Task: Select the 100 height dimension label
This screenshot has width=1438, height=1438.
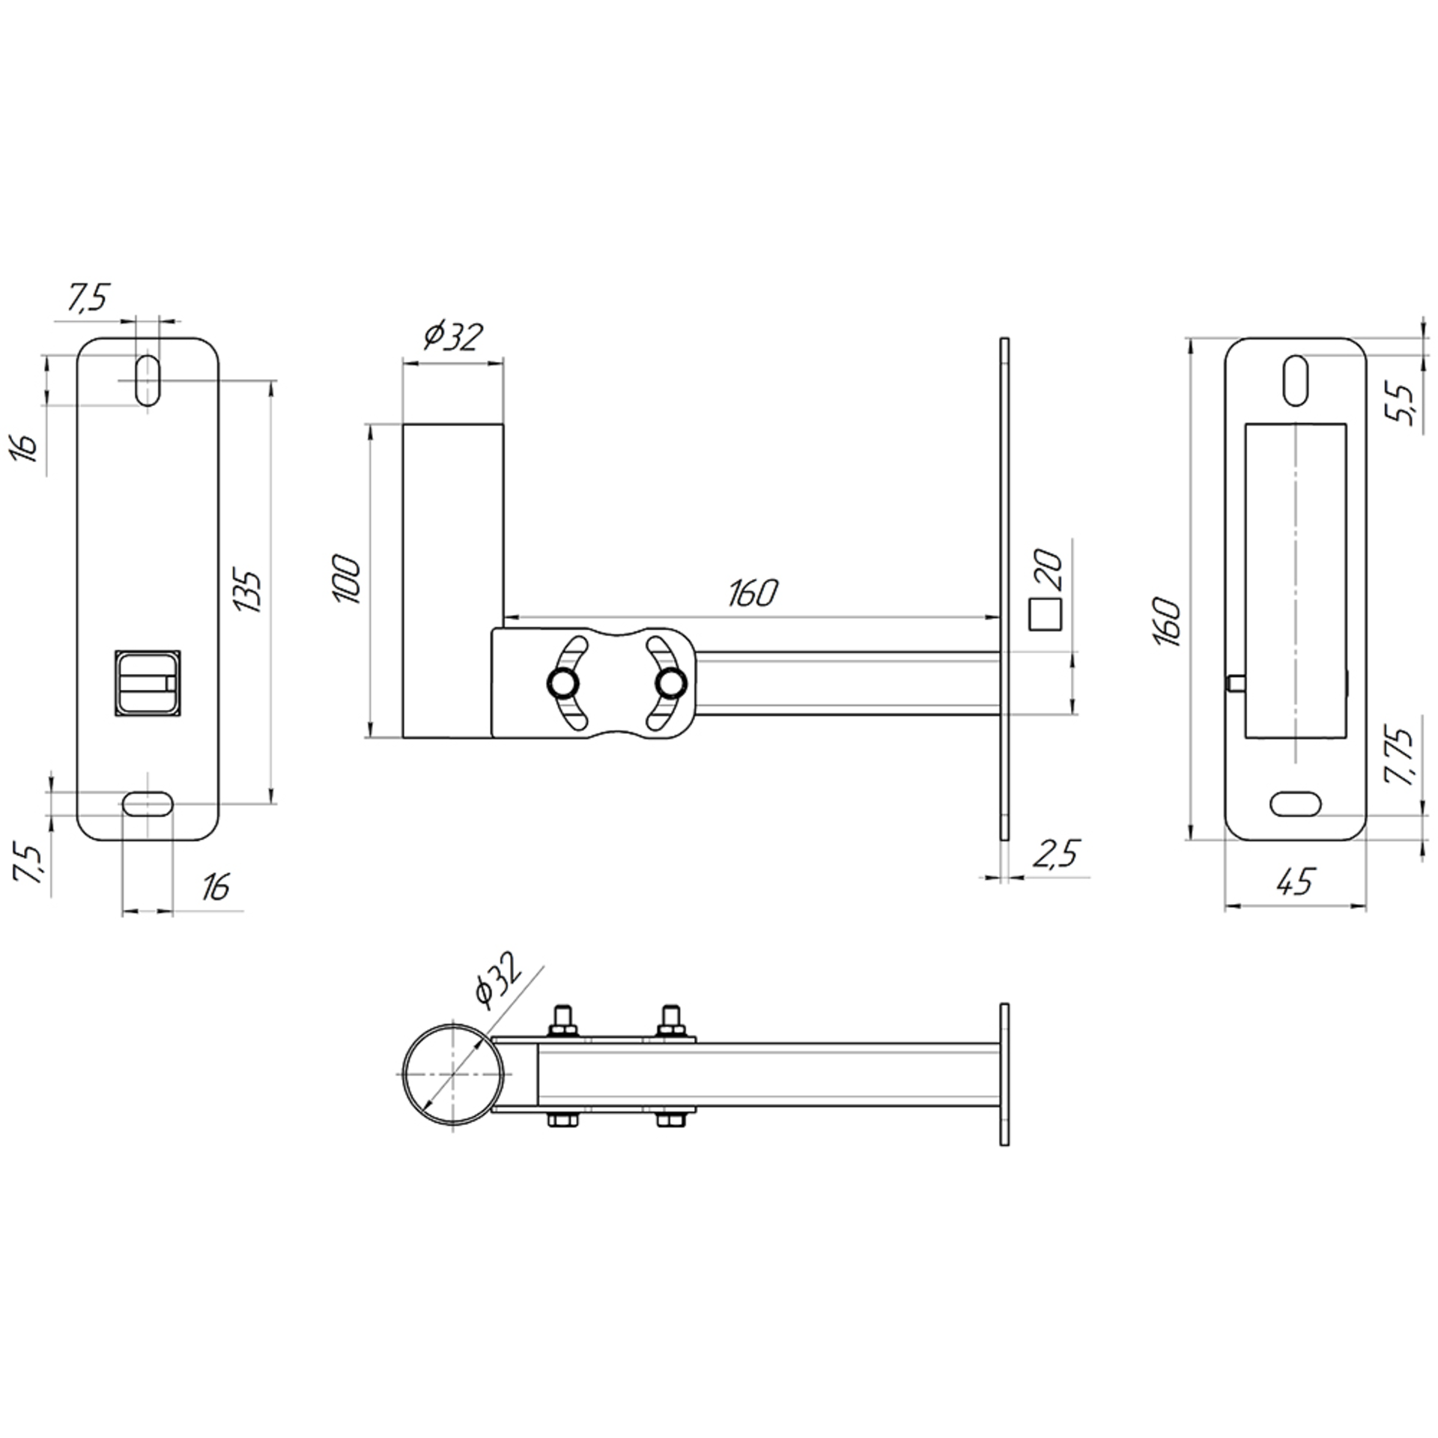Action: pyautogui.click(x=347, y=579)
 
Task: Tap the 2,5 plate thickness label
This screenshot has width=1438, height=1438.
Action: pyautogui.click(x=1056, y=854)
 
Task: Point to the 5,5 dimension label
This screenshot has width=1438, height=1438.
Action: pyautogui.click(x=1399, y=402)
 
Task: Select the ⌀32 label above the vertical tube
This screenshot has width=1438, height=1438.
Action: pyautogui.click(x=452, y=336)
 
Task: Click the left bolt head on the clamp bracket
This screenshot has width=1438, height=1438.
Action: pyautogui.click(x=562, y=682)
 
